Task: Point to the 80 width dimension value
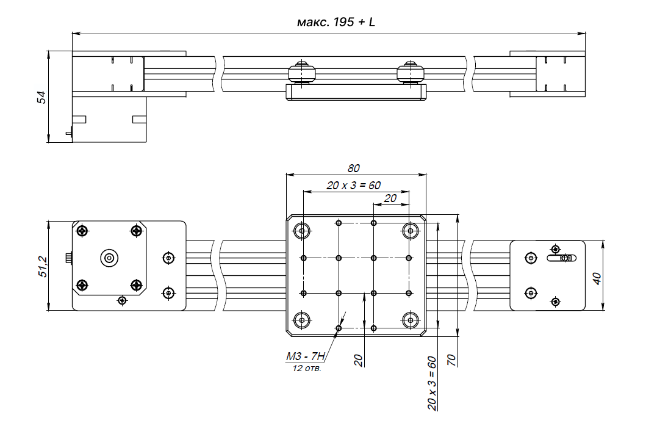click(354, 168)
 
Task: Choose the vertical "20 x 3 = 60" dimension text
click(432, 383)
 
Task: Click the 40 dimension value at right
click(597, 278)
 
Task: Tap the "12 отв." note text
click(307, 369)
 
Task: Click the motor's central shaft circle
click(109, 258)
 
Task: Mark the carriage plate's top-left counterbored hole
click(302, 231)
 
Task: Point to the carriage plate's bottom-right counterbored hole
click(410, 319)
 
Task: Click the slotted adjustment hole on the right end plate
click(561, 258)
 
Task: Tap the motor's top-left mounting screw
click(82, 230)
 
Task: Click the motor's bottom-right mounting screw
click(136, 285)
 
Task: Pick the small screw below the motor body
click(123, 300)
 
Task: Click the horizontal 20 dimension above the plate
click(390, 198)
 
